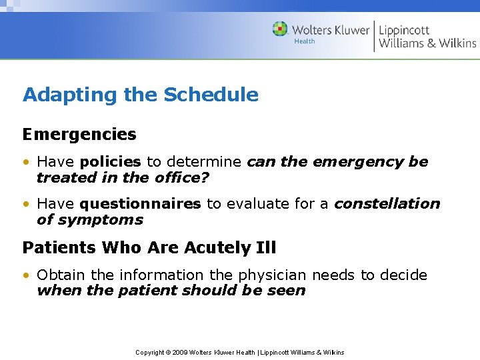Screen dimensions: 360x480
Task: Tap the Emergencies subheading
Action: coord(79,135)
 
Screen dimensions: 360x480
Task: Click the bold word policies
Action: coord(110,162)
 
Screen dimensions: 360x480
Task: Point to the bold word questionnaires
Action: coord(140,204)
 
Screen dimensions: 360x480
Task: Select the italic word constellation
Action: coord(387,204)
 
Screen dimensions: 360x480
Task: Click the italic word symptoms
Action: coord(99,220)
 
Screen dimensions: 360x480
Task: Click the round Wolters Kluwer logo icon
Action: coord(280,29)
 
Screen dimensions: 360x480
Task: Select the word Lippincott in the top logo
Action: coord(404,30)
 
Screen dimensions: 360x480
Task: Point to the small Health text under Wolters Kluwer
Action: coord(304,41)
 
